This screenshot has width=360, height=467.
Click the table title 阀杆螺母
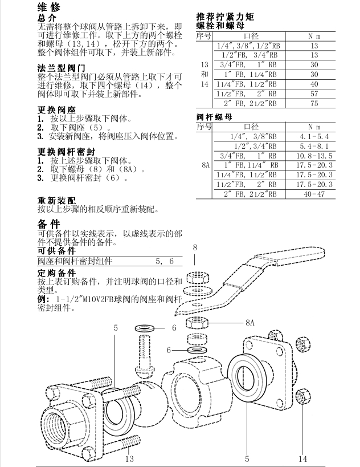click(x=214, y=117)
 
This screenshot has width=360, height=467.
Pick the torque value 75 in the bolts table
click(x=314, y=103)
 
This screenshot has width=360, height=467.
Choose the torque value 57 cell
click(x=314, y=94)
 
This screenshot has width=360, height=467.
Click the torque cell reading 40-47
click(x=314, y=194)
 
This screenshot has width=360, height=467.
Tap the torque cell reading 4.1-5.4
click(x=314, y=136)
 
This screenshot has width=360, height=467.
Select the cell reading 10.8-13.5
click(x=314, y=156)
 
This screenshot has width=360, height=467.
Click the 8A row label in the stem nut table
click(x=205, y=165)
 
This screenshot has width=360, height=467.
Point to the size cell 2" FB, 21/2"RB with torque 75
click(x=251, y=103)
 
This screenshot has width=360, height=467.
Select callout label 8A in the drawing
click(x=249, y=323)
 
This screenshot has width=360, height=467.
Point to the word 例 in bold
click(x=43, y=299)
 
